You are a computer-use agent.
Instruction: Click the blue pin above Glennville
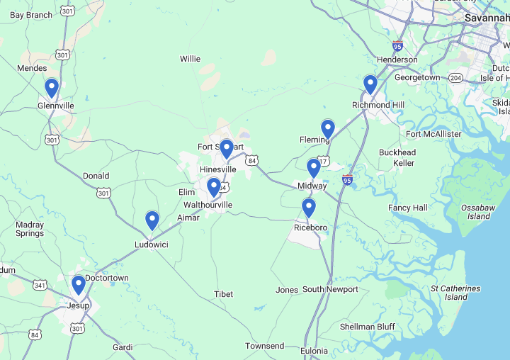[x=52, y=88]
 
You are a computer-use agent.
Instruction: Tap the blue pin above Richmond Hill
[x=370, y=85]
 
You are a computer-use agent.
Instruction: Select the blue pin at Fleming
[x=327, y=129]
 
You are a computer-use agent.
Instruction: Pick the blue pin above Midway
[x=314, y=168]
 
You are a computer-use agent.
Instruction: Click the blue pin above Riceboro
[x=308, y=208]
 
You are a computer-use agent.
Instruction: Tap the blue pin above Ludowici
[x=152, y=220]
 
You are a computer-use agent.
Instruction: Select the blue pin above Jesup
[x=79, y=285]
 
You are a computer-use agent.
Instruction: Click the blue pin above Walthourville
[x=213, y=187]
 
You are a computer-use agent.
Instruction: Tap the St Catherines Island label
[x=455, y=293]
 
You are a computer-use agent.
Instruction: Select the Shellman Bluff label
[x=367, y=327]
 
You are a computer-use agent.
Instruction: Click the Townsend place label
[x=264, y=346]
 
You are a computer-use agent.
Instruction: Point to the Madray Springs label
[x=30, y=229]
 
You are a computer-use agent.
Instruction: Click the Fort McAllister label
[x=433, y=134]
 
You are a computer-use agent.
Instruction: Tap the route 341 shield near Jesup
[x=40, y=286]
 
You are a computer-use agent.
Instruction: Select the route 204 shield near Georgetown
[x=456, y=77]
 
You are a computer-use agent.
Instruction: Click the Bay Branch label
[x=31, y=15]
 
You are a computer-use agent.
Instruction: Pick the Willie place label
[x=190, y=59]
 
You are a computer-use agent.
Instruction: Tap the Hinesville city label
[x=217, y=170]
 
